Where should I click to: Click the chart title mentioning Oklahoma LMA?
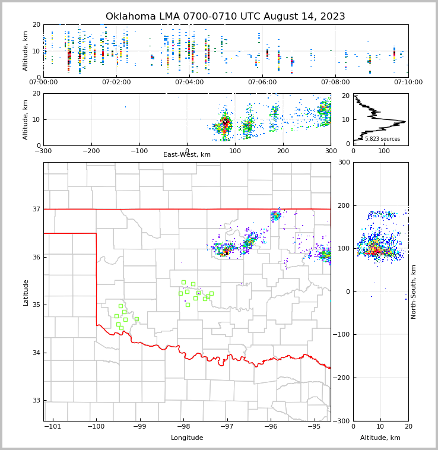point(225,17)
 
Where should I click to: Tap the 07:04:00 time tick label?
point(189,82)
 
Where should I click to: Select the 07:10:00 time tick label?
point(408,82)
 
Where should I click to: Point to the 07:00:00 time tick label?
point(43,82)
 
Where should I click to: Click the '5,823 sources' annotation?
point(382,139)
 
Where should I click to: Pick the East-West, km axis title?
point(187,155)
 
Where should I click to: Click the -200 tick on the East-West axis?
point(91,150)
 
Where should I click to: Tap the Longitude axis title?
point(187,438)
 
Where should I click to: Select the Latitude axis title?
point(26,292)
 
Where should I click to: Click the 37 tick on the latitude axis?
point(36,209)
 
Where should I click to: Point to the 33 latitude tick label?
point(36,401)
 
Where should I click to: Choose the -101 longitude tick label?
point(53,426)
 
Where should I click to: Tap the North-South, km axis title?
point(414,291)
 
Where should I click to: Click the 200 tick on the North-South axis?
point(344,205)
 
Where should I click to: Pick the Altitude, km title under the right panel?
point(380,438)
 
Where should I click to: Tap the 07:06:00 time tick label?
point(262,82)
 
